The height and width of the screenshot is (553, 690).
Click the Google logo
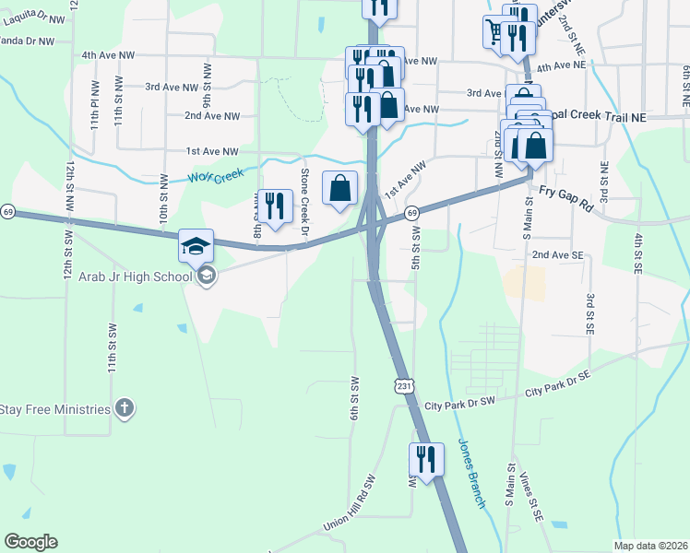click(31, 542)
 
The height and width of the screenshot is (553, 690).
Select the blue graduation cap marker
click(196, 246)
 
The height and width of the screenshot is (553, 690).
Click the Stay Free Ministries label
click(55, 409)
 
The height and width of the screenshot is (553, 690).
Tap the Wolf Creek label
click(213, 175)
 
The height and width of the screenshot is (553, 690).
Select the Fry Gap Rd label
click(567, 196)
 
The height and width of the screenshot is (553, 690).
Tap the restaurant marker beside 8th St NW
click(273, 206)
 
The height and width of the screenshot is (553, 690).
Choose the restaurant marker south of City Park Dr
click(425, 460)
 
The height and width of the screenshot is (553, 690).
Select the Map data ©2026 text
click(650, 546)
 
